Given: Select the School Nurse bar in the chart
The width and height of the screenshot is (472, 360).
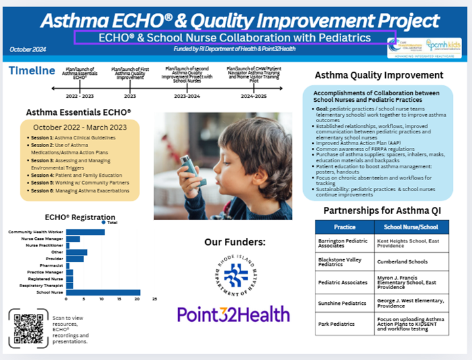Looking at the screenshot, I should (103, 292).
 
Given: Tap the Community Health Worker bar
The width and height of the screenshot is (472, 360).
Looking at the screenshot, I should (85, 232).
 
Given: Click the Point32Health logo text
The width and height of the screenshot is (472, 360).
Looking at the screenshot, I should (233, 314).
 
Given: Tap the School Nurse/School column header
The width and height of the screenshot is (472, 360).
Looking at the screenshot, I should (412, 227).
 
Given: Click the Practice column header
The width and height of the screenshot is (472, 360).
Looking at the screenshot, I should (344, 227).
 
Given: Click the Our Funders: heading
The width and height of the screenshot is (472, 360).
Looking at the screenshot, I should (234, 242).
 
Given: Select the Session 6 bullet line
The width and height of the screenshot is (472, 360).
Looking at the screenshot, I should (79, 191).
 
